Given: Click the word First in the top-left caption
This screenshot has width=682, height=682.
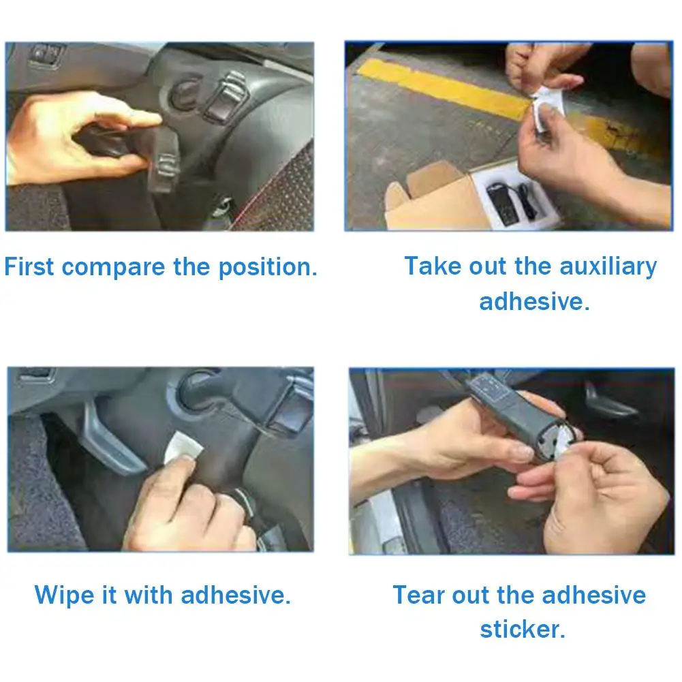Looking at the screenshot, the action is (x=29, y=266).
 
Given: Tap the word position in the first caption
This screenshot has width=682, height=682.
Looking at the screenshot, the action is (x=268, y=268).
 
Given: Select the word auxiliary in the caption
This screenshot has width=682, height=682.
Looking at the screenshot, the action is (x=608, y=266).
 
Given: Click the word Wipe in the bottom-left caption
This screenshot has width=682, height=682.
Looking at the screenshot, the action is (x=64, y=595).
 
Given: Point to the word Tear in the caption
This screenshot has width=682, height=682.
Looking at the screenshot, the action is (x=419, y=595).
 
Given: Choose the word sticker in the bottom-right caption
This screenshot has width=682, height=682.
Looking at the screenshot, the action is (x=523, y=629).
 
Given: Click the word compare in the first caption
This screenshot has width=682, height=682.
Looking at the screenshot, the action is (x=114, y=268).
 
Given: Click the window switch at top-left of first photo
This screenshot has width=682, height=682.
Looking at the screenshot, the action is (x=45, y=55).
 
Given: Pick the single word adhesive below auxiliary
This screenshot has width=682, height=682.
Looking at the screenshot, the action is (x=535, y=301).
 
